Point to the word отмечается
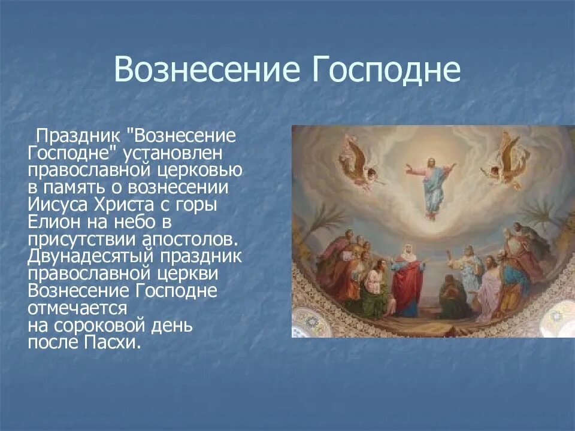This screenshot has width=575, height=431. click(77, 308)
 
